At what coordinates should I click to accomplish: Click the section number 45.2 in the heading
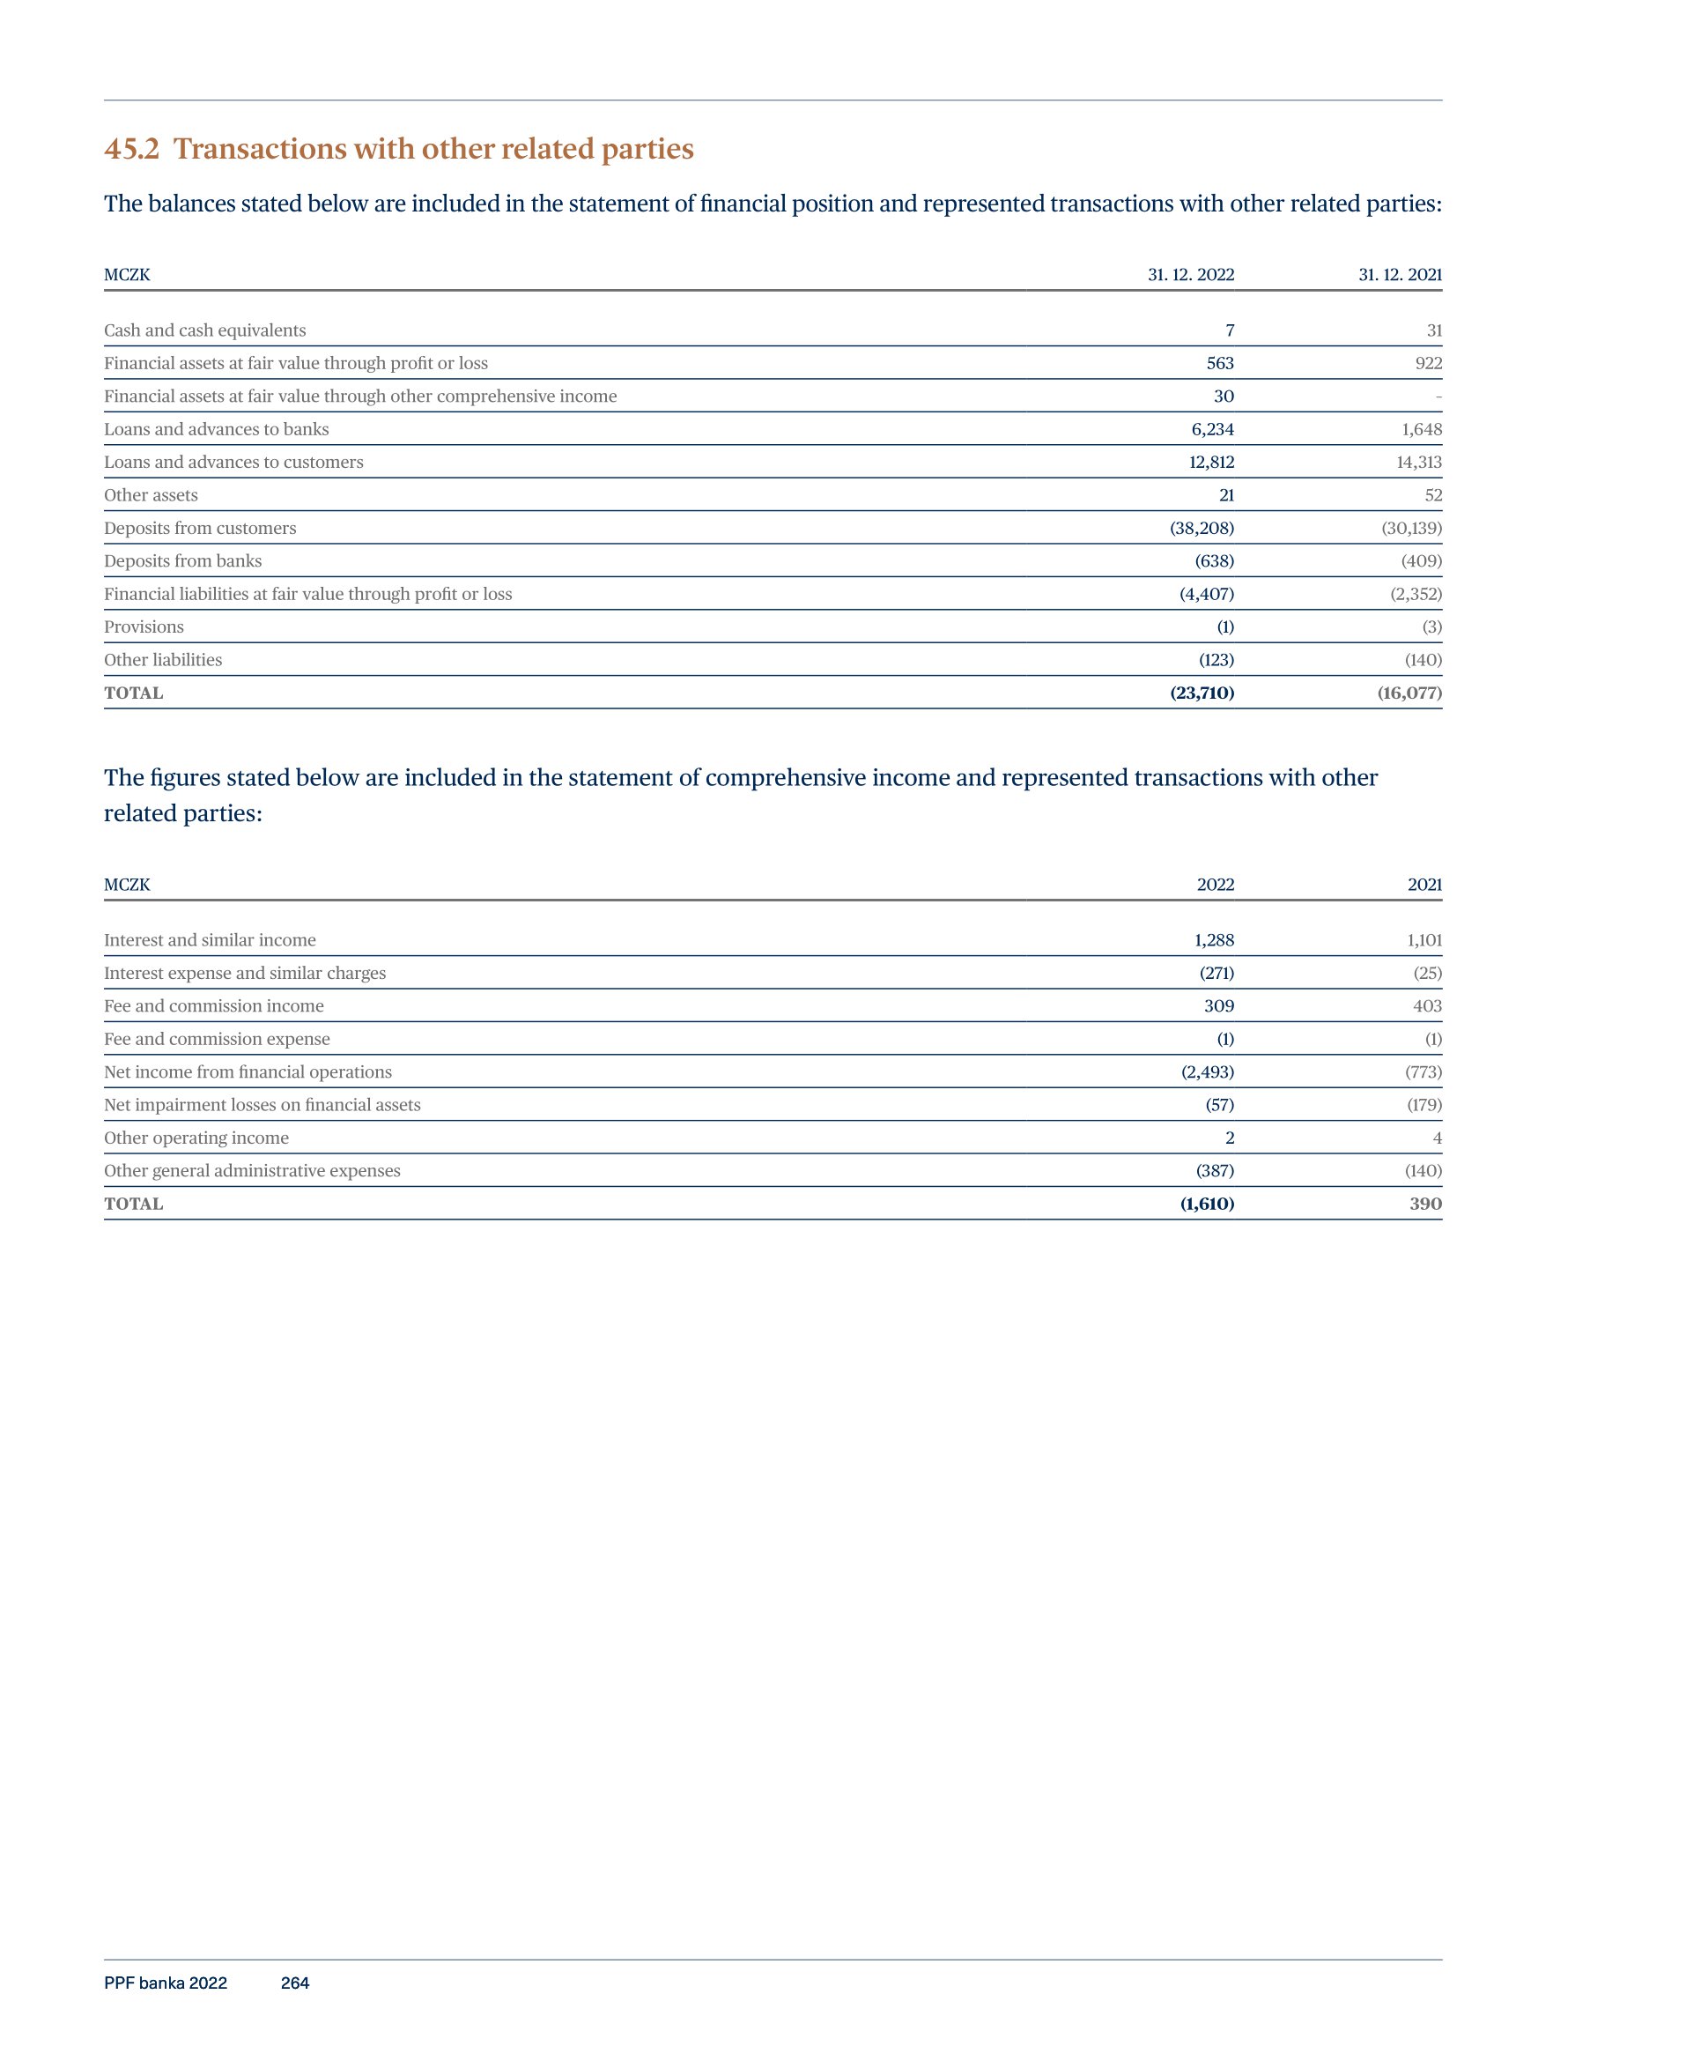(x=131, y=149)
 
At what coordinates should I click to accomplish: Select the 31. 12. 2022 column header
(x=1190, y=275)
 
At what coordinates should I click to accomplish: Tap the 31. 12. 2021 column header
(x=1400, y=275)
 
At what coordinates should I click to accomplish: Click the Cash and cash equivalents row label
(x=205, y=330)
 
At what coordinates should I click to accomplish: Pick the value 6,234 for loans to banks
(x=1212, y=429)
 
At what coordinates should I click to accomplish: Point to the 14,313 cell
(x=1418, y=463)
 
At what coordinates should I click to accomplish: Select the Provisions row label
(x=144, y=627)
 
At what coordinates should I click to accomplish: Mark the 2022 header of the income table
(x=1215, y=885)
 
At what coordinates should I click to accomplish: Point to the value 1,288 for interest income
(x=1213, y=940)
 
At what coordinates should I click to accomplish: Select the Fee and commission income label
(x=214, y=1006)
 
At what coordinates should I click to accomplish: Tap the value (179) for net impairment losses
(x=1423, y=1105)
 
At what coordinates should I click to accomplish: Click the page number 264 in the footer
(x=294, y=1983)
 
